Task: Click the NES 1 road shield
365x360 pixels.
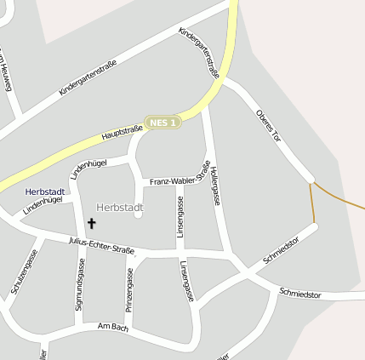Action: coord(163,123)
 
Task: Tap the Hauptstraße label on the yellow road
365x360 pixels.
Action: coord(122,132)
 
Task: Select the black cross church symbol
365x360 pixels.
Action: coord(91,223)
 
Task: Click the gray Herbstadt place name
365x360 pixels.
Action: coord(120,208)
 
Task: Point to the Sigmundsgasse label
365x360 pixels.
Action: coord(80,284)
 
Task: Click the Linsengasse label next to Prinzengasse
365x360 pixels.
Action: coord(187,282)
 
